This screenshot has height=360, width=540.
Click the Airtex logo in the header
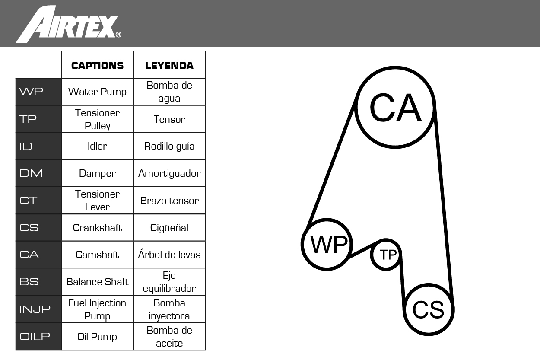[x=68, y=25]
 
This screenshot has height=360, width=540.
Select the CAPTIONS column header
[x=97, y=66]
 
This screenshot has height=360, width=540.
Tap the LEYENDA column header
[x=169, y=66]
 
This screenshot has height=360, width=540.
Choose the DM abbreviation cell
[x=38, y=173]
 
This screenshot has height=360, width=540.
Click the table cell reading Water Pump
[x=97, y=92]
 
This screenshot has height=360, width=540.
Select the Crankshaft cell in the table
[x=97, y=228]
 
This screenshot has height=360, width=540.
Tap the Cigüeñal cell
[x=169, y=228]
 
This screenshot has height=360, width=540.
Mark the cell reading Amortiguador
[x=169, y=173]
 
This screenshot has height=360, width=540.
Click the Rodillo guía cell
[x=169, y=146]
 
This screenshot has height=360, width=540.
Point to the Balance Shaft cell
[x=97, y=282]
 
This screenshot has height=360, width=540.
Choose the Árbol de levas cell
[x=169, y=255]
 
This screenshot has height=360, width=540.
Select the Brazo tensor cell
[x=169, y=201]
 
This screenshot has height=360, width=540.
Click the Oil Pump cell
[x=97, y=337]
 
